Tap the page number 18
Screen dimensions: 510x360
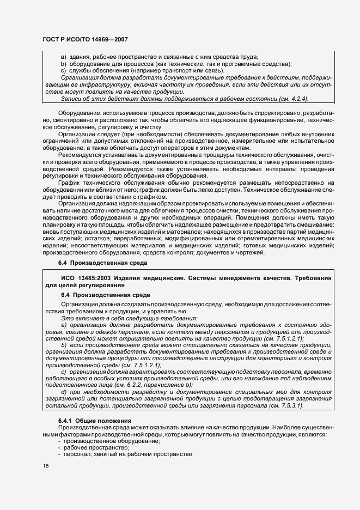pos(45,466)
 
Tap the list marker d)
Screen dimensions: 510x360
pos(64,392)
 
